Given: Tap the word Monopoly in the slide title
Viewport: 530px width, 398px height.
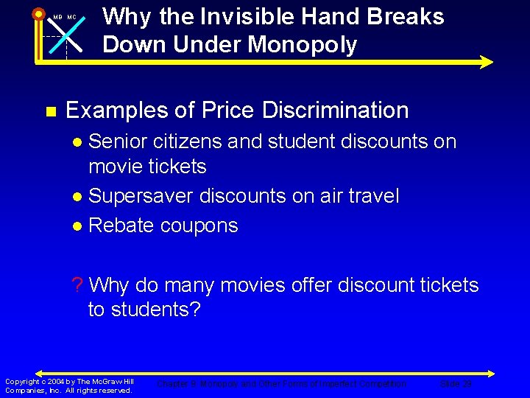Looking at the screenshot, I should [x=303, y=45].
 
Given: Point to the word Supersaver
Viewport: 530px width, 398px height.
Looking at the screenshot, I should [x=141, y=196].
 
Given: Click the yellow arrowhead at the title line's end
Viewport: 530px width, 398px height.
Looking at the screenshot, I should [x=485, y=63].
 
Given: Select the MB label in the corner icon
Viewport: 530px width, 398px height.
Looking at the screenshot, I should [x=57, y=17].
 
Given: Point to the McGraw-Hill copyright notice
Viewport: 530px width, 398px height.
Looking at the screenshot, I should [x=69, y=385].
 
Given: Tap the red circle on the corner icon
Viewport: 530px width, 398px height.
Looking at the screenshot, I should [x=38, y=13].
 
